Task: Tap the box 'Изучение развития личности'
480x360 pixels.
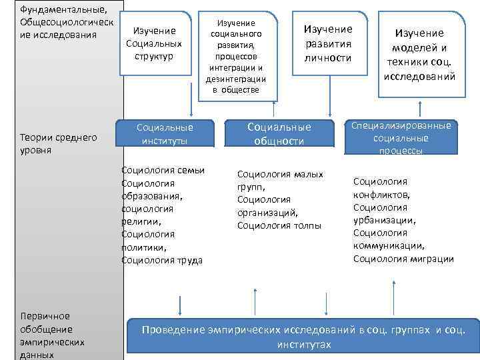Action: pyautogui.click(x=327, y=44)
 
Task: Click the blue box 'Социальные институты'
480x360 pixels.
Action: pyautogui.click(x=165, y=133)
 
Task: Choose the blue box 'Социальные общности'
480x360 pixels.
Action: pyautogui.click(x=279, y=133)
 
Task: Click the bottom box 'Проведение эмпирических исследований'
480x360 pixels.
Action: pyautogui.click(x=303, y=337)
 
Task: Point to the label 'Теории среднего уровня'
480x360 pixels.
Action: pyautogui.click(x=59, y=143)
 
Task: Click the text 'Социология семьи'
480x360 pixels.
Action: pyautogui.click(x=163, y=170)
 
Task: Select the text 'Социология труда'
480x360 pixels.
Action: pyautogui.click(x=162, y=260)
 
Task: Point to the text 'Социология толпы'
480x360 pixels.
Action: pyautogui.click(x=279, y=225)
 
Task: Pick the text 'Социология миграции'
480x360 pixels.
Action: pyautogui.click(x=403, y=259)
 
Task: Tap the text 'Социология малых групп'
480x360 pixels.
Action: pyautogui.click(x=280, y=181)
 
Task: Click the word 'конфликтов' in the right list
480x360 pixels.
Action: pyautogui.click(x=382, y=195)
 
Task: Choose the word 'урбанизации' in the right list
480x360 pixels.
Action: pyautogui.click(x=384, y=220)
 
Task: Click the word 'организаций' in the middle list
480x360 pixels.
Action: pyautogui.click(x=267, y=213)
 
